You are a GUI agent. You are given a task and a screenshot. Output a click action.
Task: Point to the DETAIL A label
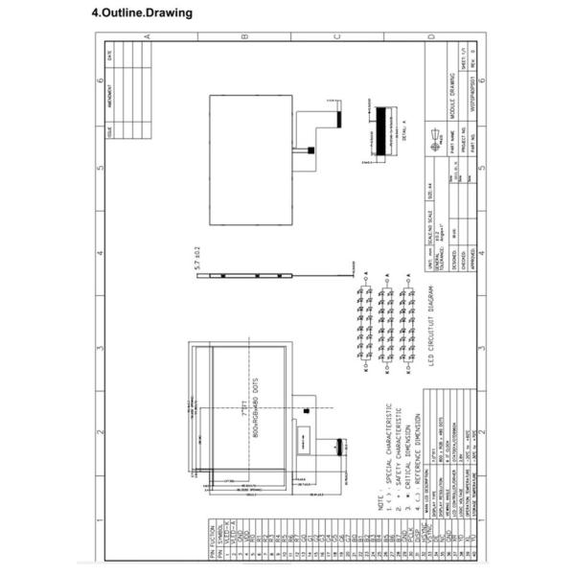tap(403, 130)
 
